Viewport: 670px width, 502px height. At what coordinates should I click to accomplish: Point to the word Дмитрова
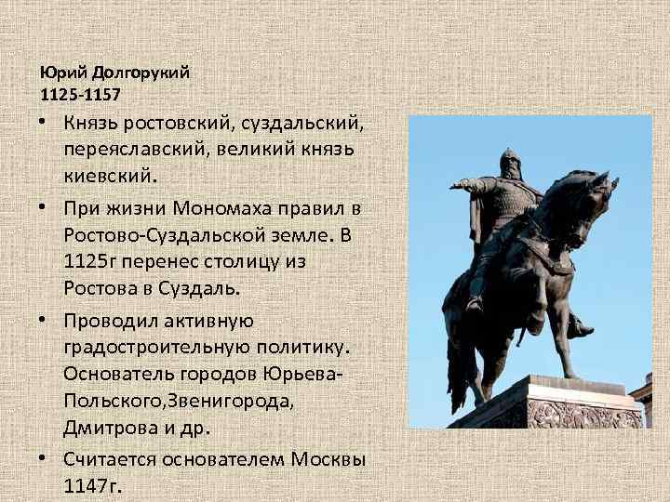point(102,429)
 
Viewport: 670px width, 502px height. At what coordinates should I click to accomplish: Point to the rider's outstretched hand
point(457,187)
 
